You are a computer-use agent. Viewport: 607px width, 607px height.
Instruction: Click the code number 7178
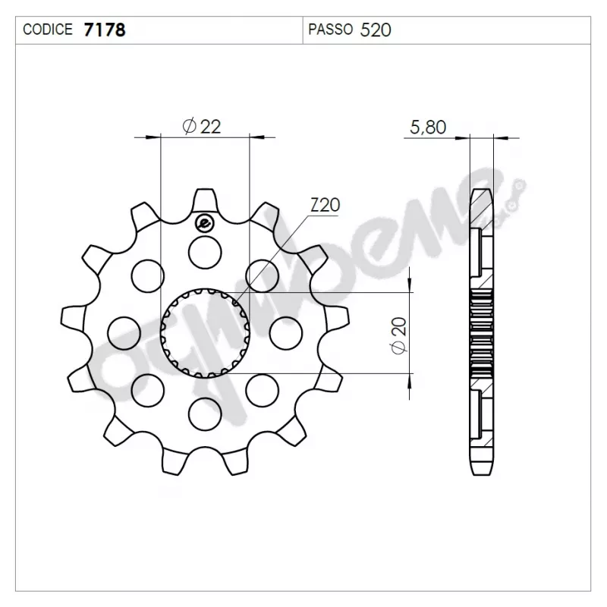(105, 30)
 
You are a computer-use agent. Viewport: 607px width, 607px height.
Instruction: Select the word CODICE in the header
(48, 30)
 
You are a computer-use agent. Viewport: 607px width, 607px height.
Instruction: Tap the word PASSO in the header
(331, 30)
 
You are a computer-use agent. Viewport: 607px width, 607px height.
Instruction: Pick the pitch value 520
(376, 30)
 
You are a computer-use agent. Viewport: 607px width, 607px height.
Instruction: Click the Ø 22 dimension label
(202, 126)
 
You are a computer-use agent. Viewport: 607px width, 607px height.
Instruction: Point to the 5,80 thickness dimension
(428, 127)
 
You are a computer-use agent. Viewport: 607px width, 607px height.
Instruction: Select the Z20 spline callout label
(326, 205)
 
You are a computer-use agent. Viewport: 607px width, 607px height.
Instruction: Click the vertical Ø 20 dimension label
(399, 335)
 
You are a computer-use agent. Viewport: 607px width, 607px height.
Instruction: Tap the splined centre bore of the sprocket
(205, 333)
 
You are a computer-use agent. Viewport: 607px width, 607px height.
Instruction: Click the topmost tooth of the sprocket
(205, 201)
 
